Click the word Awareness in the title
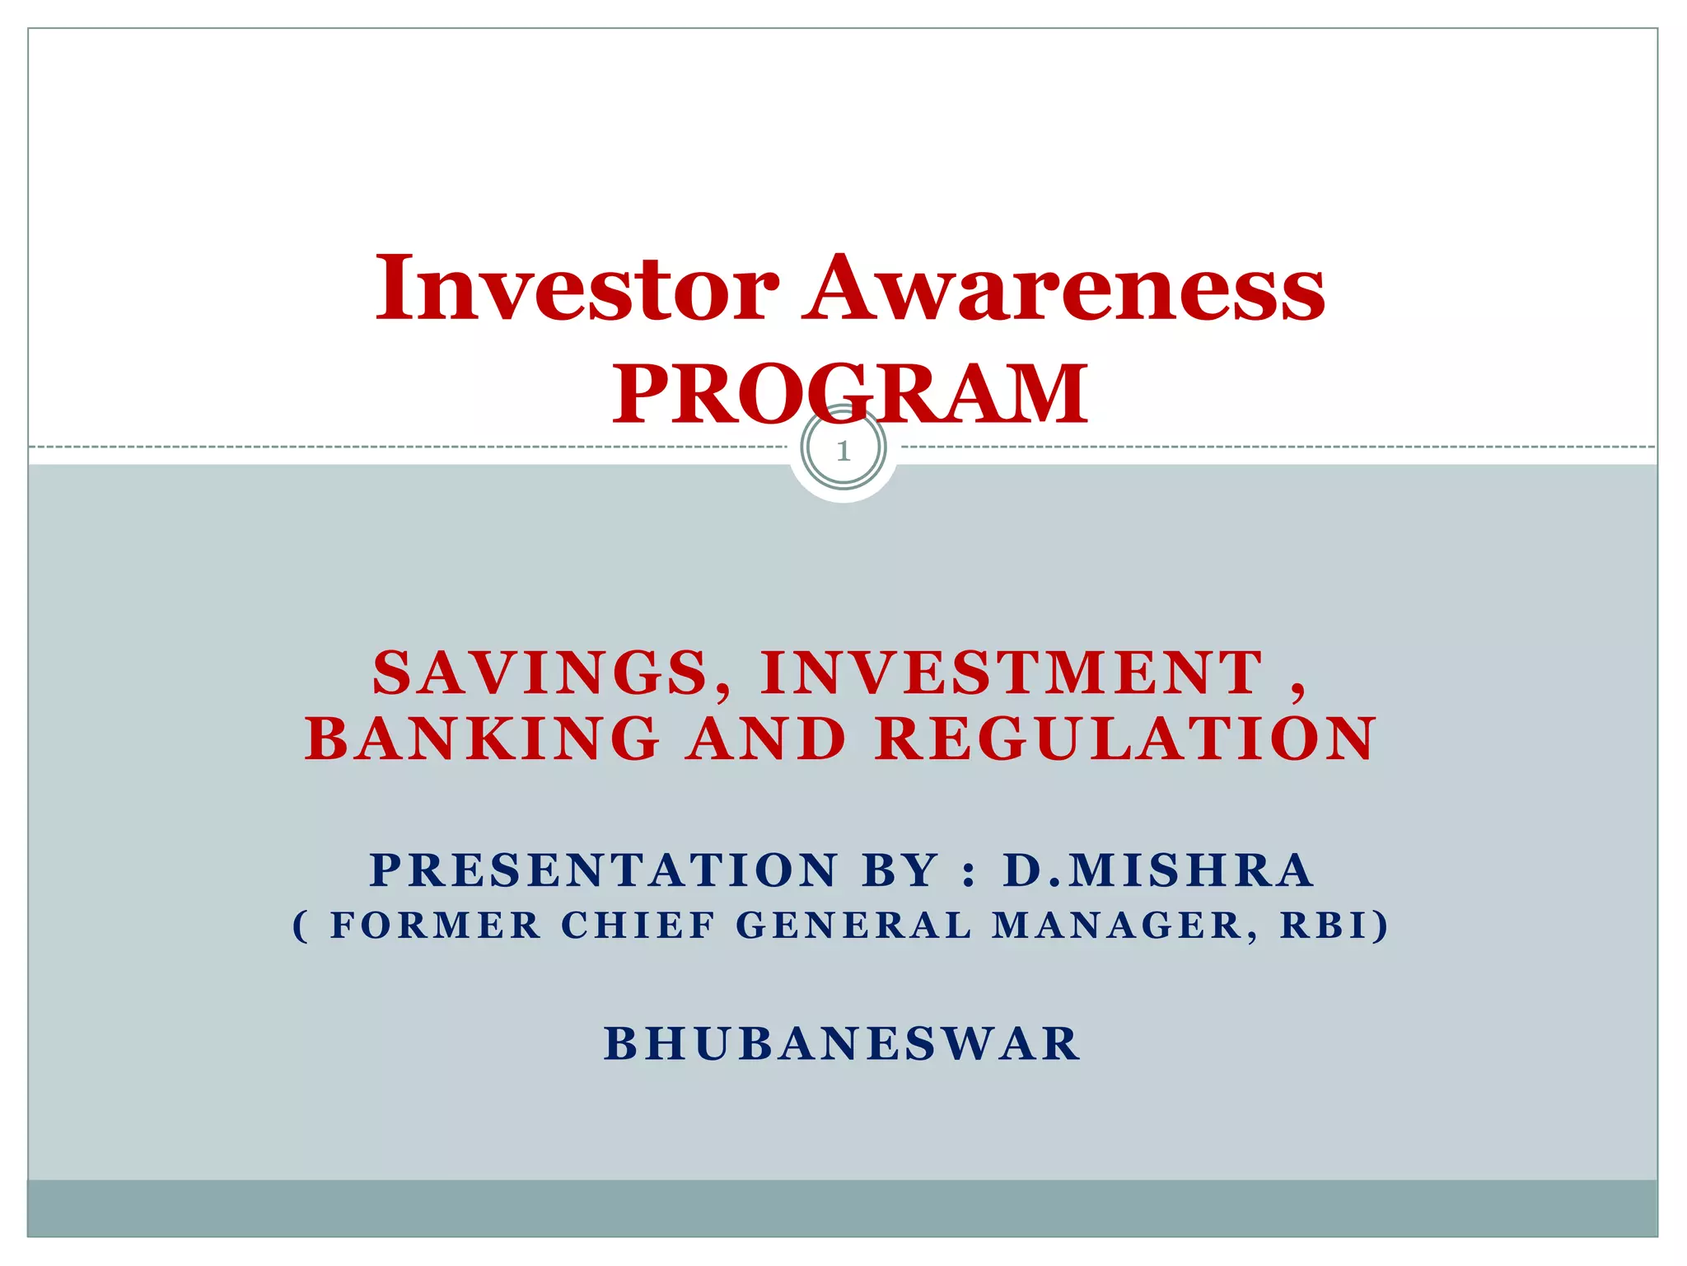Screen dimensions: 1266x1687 tap(1063, 288)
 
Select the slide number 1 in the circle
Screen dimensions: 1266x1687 tap(843, 451)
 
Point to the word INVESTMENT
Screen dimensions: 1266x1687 tap(1012, 673)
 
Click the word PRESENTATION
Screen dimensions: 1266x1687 tap(604, 870)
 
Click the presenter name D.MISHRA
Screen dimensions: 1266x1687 tap(1157, 870)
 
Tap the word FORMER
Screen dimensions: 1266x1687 tap(435, 926)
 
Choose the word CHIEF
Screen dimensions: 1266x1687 tap(638, 926)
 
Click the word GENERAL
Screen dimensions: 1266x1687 tap(854, 926)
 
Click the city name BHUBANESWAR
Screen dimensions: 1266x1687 tap(842, 1044)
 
